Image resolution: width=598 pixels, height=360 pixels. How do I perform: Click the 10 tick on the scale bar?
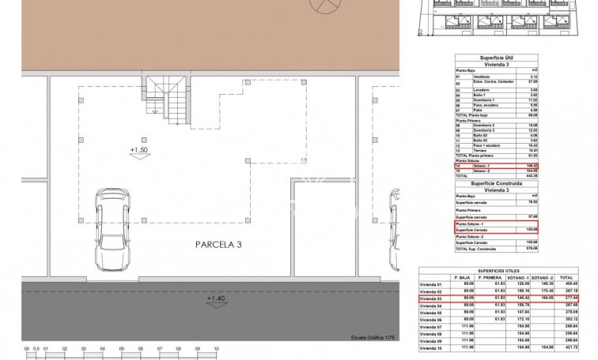click(216, 348)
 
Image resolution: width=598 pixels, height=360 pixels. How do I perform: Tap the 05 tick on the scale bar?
click(121, 348)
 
